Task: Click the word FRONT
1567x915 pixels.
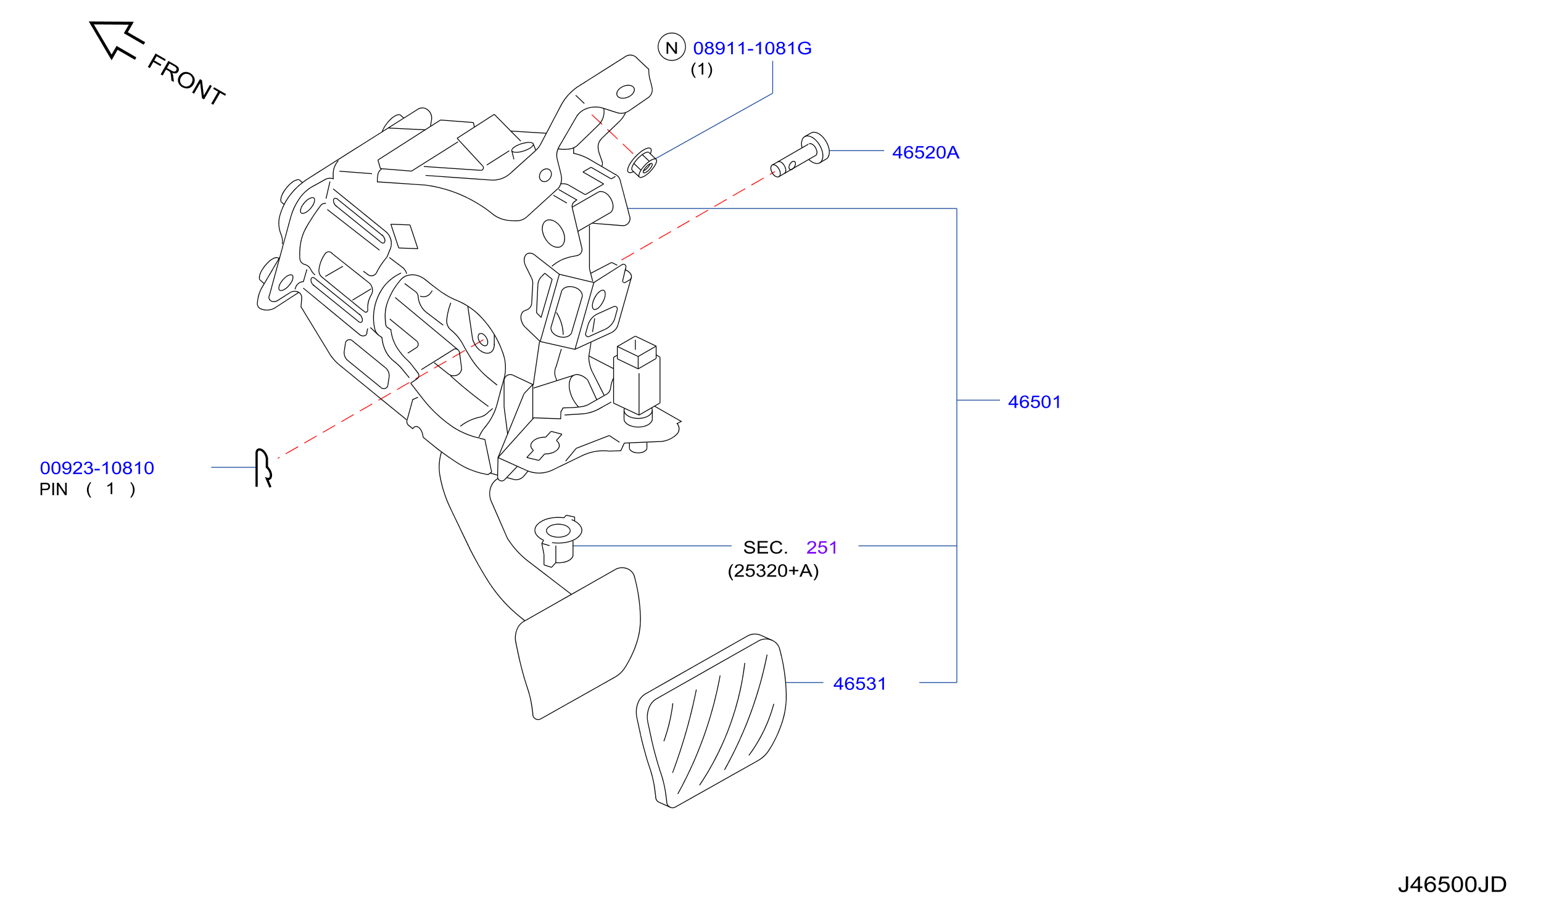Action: point(186,80)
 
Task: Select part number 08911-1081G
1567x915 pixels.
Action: point(752,48)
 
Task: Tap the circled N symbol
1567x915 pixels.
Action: point(671,47)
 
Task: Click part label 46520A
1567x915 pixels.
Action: point(925,152)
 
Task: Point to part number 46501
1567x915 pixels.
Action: point(1034,402)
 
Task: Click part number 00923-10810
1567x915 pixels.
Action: point(97,468)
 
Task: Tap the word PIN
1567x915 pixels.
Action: point(54,490)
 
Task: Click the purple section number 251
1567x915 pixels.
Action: point(821,548)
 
